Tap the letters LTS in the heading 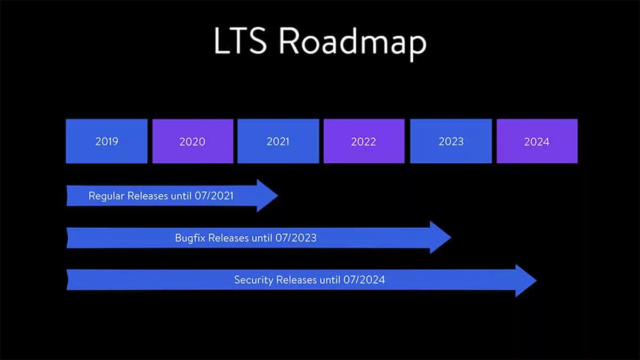[241, 41]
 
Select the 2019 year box [107, 141]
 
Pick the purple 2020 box [193, 141]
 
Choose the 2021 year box [278, 141]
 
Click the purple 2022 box [364, 141]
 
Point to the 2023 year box [451, 141]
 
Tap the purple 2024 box [537, 141]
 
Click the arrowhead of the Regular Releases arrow [277, 196]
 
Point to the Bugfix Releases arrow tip [451, 237]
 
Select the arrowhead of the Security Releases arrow [537, 281]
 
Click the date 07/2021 [214, 196]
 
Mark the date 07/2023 [296, 238]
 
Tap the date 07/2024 [364, 279]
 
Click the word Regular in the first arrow [107, 197]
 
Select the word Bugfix [190, 238]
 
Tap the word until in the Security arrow [330, 280]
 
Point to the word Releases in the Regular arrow [148, 196]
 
